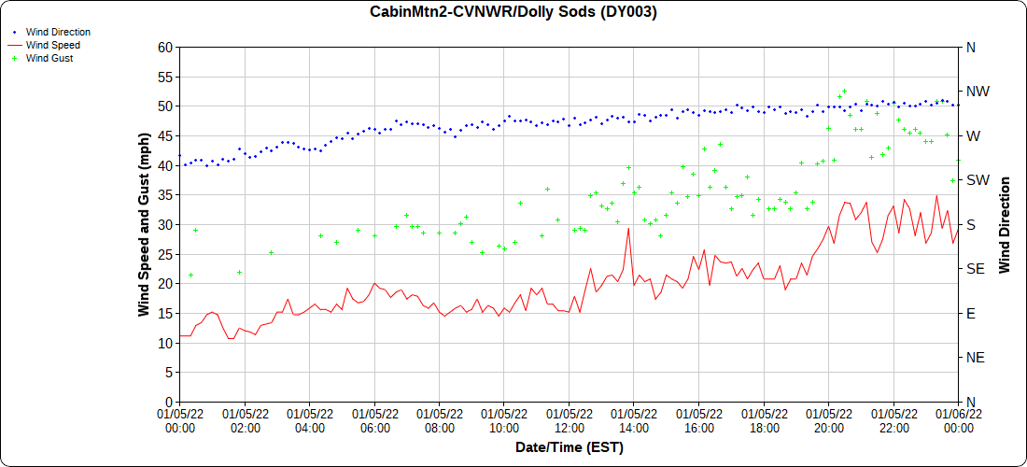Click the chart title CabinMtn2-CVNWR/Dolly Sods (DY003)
pos(513,12)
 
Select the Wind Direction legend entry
pos(58,32)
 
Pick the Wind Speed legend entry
pos(52,45)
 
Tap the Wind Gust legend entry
pos(49,58)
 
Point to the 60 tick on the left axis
pos(166,47)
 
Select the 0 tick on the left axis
pos(170,402)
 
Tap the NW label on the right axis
pos(978,92)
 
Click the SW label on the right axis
pos(978,180)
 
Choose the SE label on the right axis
pos(976,269)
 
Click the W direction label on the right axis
pos(973,136)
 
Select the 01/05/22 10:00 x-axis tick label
pos(504,420)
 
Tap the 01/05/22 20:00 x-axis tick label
pos(829,420)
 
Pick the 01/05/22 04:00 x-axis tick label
pos(310,420)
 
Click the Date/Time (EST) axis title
pos(569,448)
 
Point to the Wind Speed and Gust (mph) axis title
pos(144,224)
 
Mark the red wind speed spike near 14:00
pos(629,229)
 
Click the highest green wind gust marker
pos(844,92)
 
